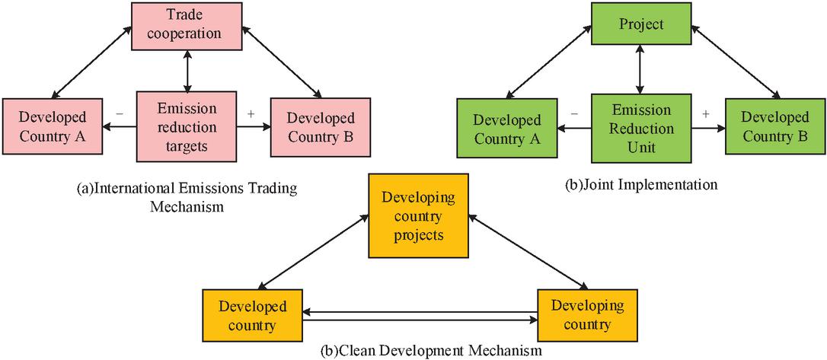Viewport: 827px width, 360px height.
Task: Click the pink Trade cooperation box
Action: [187, 24]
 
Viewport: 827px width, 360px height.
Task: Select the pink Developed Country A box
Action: [53, 128]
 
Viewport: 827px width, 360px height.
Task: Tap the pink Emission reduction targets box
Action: [187, 126]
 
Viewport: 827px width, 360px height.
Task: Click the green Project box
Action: [641, 24]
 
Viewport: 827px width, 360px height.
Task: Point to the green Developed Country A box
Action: [507, 129]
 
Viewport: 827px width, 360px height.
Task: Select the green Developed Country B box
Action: [775, 127]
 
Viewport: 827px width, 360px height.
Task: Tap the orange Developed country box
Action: [252, 315]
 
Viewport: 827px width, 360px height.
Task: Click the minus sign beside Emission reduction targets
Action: [119, 113]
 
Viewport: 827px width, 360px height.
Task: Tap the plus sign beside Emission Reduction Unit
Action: [705, 113]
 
